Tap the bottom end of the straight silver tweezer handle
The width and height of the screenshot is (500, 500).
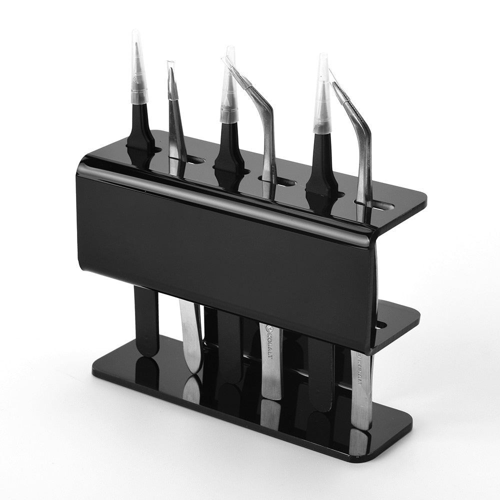click(x=193, y=367)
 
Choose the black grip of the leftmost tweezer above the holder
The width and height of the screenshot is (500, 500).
click(x=140, y=125)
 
